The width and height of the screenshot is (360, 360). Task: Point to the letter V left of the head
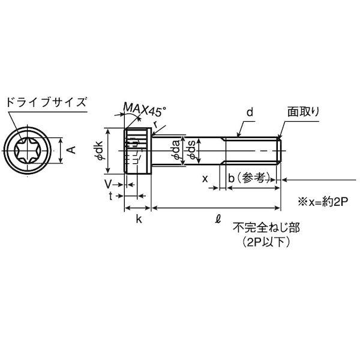coord(108,184)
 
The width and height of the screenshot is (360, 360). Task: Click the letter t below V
coord(110,196)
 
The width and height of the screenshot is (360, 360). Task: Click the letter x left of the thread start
coord(205,179)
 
